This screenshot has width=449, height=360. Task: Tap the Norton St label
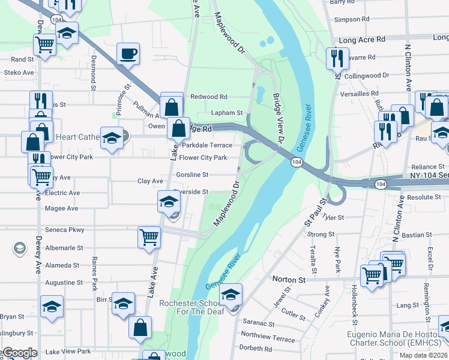pyautogui.click(x=289, y=279)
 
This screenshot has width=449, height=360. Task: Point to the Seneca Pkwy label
pyautogui.click(x=65, y=230)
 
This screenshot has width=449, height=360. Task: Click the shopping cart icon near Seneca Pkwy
pyautogui.click(x=148, y=236)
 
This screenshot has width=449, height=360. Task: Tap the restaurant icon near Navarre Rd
pyautogui.click(x=335, y=58)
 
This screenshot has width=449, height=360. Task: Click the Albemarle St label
pyautogui.click(x=64, y=248)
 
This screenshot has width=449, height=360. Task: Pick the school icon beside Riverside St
pyautogui.click(x=168, y=202)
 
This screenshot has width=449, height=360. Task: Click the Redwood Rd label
pyautogui.click(x=208, y=97)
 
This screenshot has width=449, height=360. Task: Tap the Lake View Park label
pyautogui.click(x=68, y=352)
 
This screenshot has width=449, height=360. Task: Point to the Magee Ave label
pyautogui.click(x=61, y=208)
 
